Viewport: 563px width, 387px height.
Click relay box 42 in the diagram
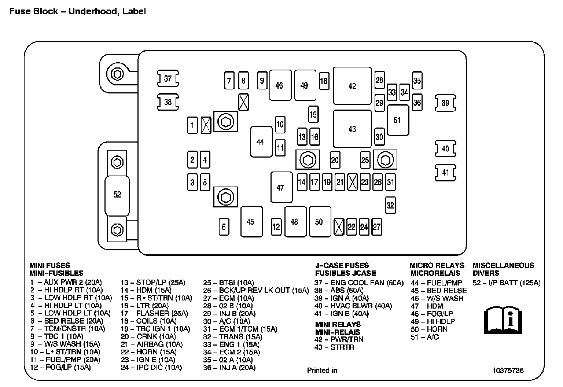point(352,86)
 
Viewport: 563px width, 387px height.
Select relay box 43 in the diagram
point(352,129)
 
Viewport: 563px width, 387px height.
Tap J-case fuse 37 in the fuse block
point(168,78)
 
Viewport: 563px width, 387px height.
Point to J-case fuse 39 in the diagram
point(445,103)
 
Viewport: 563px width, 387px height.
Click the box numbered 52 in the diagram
point(117,195)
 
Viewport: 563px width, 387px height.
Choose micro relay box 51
point(398,120)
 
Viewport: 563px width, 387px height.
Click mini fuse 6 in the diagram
point(224,227)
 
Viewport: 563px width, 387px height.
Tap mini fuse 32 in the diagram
point(390,205)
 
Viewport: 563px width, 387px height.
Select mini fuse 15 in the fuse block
point(313,114)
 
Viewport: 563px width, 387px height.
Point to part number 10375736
point(508,370)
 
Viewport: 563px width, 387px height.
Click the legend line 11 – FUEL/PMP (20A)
point(65,360)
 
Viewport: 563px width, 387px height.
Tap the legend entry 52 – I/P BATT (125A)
point(506,283)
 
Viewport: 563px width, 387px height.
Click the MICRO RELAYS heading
point(437,265)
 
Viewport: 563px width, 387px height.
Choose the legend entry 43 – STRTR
point(334,347)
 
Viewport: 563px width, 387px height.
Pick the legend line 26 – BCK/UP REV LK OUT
point(256,290)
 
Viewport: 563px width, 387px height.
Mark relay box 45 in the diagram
point(251,222)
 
